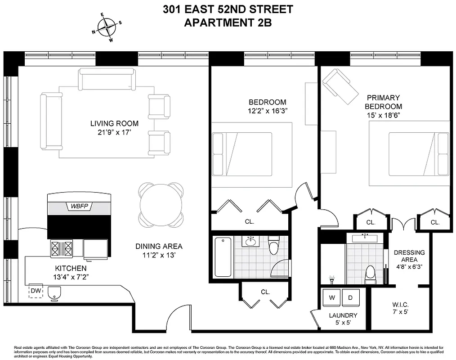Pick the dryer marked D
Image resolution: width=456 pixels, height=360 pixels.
pyautogui.click(x=351, y=297)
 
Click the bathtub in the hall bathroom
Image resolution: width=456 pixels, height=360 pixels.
pyautogui.click(x=223, y=257)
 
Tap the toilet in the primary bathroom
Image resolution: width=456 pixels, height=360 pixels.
pyautogui.click(x=370, y=274)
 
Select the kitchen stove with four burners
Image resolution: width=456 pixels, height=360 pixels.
pyautogui.click(x=61, y=248)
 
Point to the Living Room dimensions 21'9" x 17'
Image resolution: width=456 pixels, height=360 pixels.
pyautogui.click(x=114, y=132)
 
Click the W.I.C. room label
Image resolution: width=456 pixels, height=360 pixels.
pyautogui.click(x=399, y=303)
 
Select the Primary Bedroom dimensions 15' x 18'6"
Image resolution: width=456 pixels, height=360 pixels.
pyautogui.click(x=383, y=115)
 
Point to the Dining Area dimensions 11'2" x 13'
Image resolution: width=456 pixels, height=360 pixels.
pyautogui.click(x=159, y=255)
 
